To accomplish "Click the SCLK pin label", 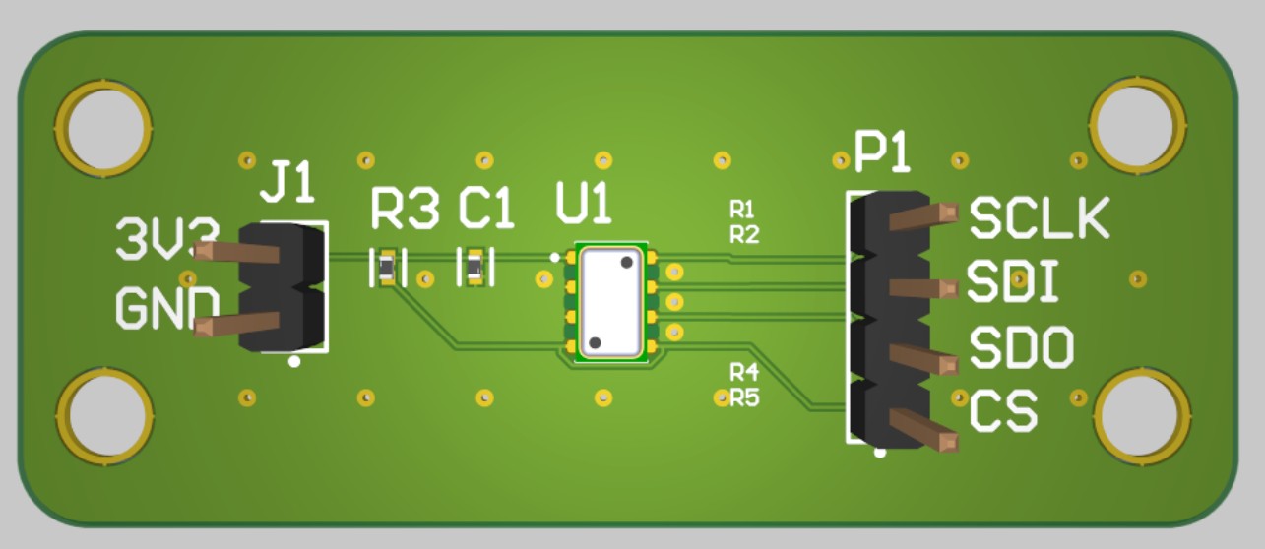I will click(x=1039, y=218).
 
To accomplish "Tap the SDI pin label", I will click(x=1012, y=283).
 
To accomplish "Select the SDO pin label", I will click(x=1021, y=347).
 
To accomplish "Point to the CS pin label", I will click(x=1003, y=412).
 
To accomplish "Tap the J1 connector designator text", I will click(x=286, y=182).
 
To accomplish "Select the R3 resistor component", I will click(x=385, y=268).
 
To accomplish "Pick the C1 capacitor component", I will click(x=475, y=268).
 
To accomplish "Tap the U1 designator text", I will click(x=583, y=206).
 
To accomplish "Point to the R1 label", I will click(x=741, y=209).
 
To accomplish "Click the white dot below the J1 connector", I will click(x=293, y=362).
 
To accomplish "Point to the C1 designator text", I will click(x=486, y=209).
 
